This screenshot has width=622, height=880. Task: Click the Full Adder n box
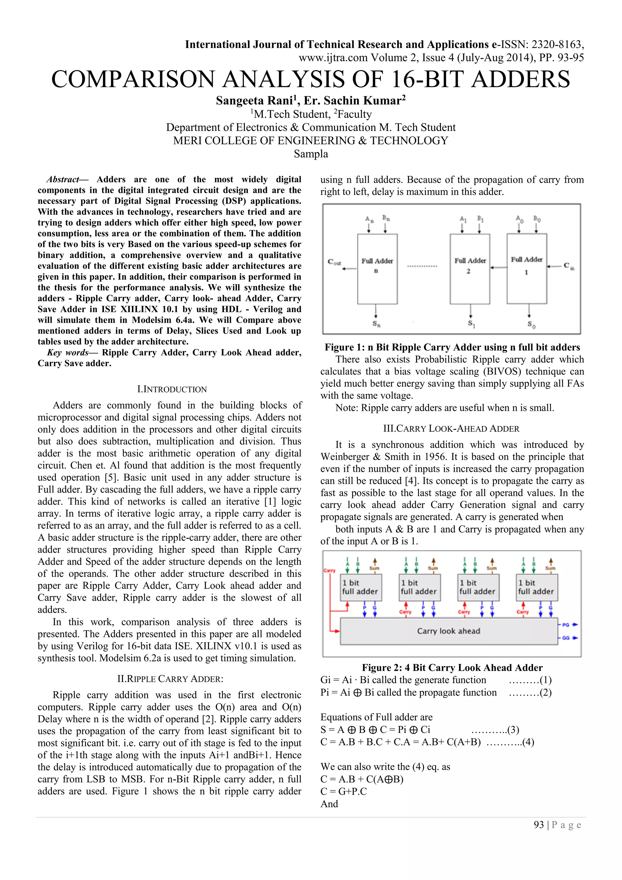(x=377, y=269)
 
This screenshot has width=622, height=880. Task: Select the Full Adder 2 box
(x=470, y=269)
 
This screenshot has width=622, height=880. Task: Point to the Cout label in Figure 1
(x=334, y=262)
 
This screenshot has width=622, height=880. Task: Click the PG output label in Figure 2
(x=566, y=625)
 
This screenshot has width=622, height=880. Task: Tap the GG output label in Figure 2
(x=566, y=638)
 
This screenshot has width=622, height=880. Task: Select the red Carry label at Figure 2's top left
(x=330, y=571)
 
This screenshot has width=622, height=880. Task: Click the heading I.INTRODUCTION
(x=172, y=390)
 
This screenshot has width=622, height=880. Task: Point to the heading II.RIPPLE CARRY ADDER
(x=170, y=679)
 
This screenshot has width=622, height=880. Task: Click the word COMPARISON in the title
(x=133, y=79)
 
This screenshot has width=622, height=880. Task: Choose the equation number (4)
(x=528, y=742)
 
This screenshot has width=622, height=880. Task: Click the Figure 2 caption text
(x=452, y=668)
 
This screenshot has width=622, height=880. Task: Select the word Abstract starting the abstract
(x=63, y=179)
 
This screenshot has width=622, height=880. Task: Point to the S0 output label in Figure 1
(x=531, y=324)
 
